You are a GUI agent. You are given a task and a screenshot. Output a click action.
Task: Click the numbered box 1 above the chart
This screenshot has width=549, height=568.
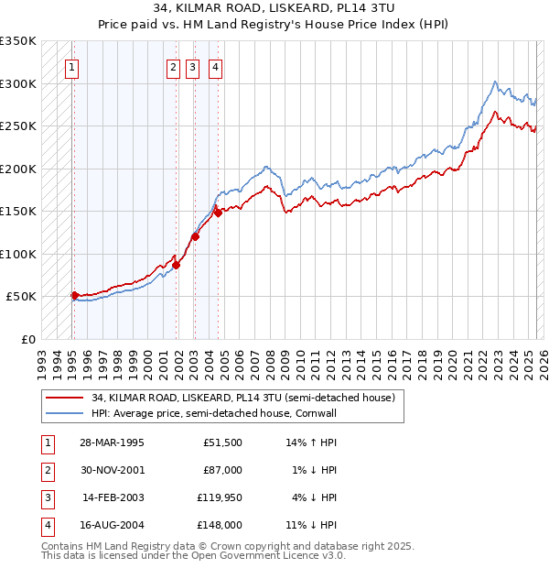71,66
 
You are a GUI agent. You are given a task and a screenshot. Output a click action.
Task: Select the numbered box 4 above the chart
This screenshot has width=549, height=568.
214,66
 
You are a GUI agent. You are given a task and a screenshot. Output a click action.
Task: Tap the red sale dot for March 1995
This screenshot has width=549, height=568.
75,295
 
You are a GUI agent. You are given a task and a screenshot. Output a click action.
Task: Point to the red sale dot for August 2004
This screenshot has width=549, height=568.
218,213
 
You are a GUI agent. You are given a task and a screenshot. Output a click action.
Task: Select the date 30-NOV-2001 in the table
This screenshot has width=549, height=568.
112,471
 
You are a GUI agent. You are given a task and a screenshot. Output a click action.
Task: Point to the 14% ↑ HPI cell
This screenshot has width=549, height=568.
312,442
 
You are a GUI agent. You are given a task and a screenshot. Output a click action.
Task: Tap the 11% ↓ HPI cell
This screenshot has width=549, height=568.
312,526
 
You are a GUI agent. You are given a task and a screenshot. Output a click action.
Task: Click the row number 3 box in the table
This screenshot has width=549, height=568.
47,499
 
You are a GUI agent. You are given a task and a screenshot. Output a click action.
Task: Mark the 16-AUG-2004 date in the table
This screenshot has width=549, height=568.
112,526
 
